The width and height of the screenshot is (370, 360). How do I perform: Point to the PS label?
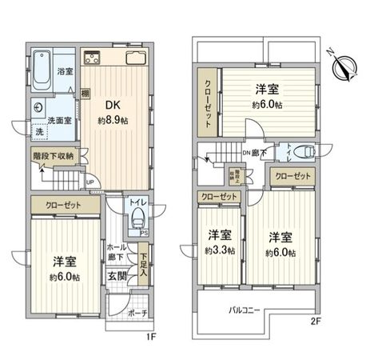pyautogui.click(x=145, y=233)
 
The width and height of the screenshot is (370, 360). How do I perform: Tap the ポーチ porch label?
pyautogui.click(x=137, y=313)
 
